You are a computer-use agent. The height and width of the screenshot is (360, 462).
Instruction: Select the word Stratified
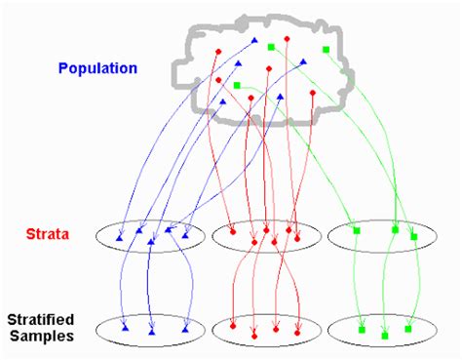click(x=47, y=319)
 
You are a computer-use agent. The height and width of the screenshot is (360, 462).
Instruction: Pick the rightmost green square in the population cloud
click(x=326, y=49)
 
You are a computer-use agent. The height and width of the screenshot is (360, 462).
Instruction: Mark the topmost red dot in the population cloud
click(x=288, y=39)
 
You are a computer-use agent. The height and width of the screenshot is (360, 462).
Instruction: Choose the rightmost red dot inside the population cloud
click(x=312, y=94)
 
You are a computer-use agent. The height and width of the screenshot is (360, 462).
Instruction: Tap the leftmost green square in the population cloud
click(x=237, y=86)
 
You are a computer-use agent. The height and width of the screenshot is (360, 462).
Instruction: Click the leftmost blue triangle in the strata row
click(x=120, y=238)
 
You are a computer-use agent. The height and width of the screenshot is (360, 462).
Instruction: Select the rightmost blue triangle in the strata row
click(x=184, y=233)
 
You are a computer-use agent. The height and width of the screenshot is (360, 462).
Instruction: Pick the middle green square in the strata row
click(x=395, y=230)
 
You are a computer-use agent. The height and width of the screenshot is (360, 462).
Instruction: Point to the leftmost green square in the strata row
click(x=356, y=230)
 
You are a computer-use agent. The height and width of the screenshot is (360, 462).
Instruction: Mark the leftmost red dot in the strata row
click(x=232, y=232)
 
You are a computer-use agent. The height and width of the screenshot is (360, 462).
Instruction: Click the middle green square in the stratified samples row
click(x=384, y=335)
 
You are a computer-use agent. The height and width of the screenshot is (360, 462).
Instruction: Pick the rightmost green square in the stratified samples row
click(x=407, y=328)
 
